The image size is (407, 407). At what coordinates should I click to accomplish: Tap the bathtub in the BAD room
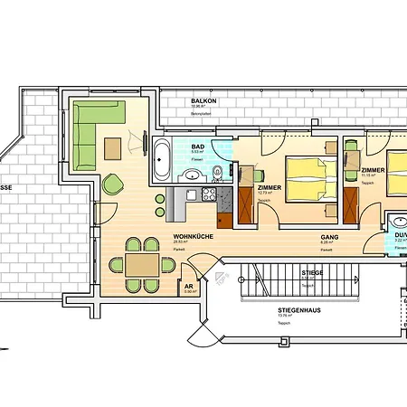point(163,159)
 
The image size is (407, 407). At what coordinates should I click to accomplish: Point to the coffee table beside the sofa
point(114,147)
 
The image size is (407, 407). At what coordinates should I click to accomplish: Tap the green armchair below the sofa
point(114,184)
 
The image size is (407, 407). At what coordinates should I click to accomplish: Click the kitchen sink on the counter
point(190,194)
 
